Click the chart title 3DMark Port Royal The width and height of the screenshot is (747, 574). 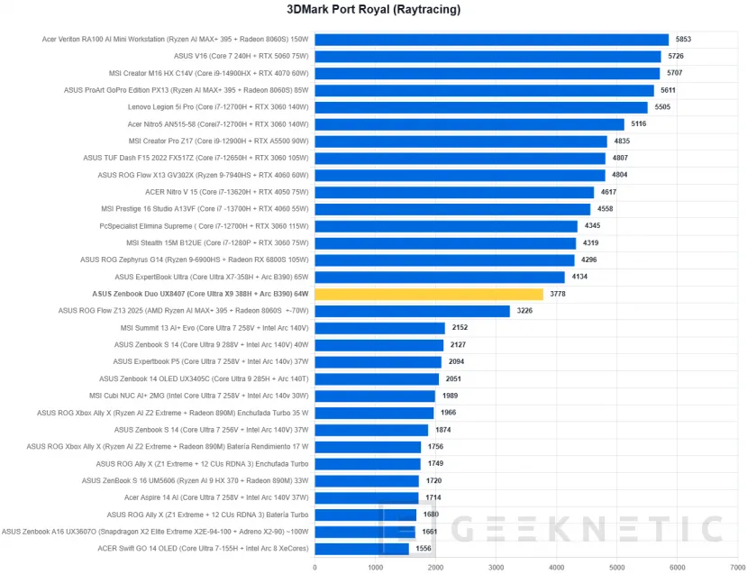(x=373, y=10)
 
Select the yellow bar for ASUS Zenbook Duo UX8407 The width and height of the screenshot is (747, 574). (x=429, y=294)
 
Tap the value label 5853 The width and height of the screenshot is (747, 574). (x=684, y=40)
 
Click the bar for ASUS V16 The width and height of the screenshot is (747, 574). (x=487, y=57)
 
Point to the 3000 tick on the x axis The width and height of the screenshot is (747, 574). (x=496, y=568)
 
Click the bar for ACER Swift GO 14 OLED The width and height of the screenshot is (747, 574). (x=361, y=548)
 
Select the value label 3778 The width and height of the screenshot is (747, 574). (x=559, y=294)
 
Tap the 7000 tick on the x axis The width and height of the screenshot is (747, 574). (x=738, y=568)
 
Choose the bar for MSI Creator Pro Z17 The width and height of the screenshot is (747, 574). (x=460, y=141)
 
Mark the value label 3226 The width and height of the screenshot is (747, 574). (x=525, y=311)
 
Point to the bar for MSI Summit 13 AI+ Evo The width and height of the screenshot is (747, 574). (x=379, y=328)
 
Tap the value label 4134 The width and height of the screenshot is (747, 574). (x=580, y=277)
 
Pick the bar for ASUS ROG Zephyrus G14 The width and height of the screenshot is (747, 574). (x=444, y=260)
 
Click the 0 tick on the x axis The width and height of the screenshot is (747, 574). (x=314, y=568)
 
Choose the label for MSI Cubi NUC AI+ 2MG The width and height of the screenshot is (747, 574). (x=199, y=396)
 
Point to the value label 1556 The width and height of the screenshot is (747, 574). (x=424, y=548)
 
